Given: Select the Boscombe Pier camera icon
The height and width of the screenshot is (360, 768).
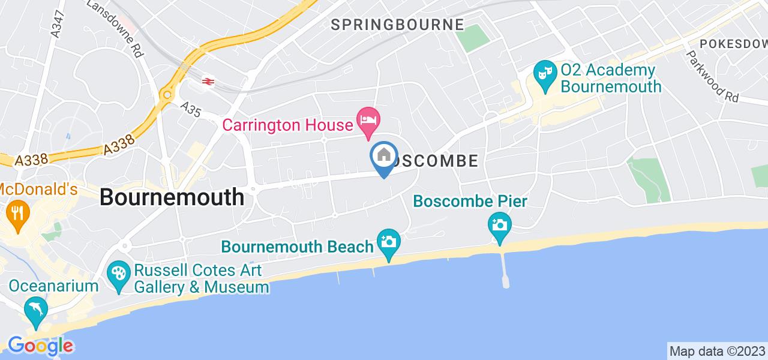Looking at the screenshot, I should click(x=500, y=226).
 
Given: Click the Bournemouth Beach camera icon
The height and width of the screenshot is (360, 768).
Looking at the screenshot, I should click(x=389, y=242).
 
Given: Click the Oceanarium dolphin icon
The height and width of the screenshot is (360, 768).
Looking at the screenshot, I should click(x=36, y=310).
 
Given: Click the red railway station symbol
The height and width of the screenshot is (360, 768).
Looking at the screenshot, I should click(x=208, y=81).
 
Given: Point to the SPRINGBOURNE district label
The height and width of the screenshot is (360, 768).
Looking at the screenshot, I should click(x=397, y=25).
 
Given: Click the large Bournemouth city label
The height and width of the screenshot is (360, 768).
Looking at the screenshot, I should click(x=172, y=197).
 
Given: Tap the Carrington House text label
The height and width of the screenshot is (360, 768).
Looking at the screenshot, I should click(x=287, y=125).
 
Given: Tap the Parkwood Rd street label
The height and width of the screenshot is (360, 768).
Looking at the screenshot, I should click(x=713, y=76).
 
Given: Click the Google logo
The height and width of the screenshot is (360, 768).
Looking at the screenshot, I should click(x=40, y=346).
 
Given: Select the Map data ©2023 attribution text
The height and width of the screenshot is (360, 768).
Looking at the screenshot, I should click(x=717, y=350).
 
